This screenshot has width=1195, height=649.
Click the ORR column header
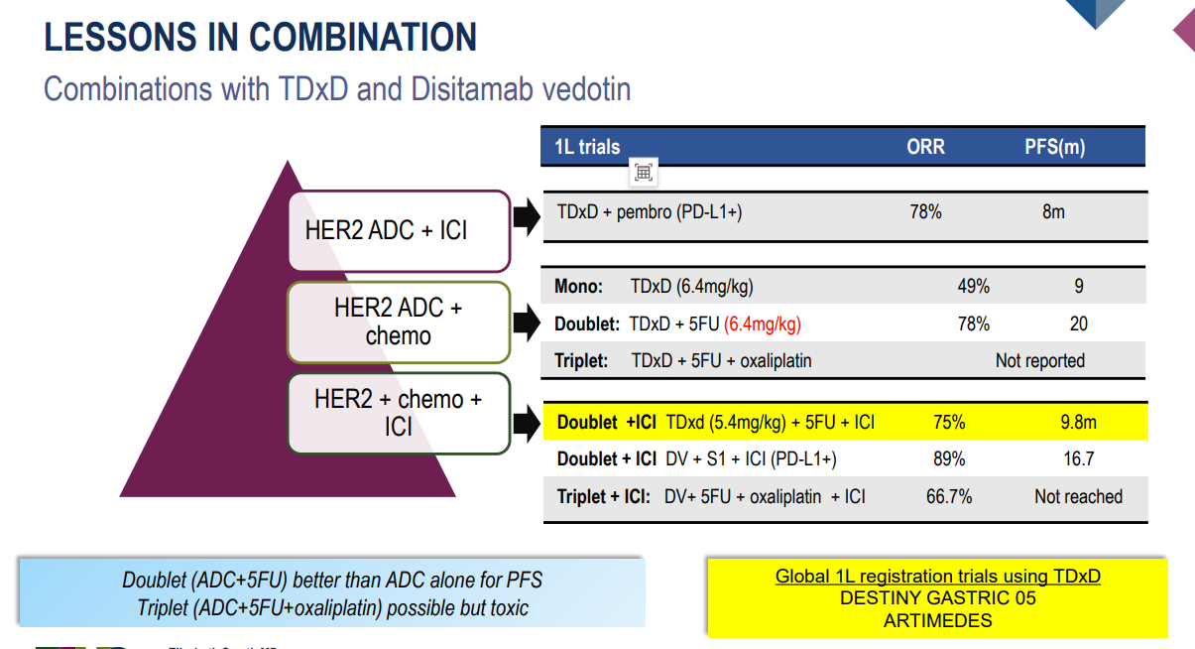click(x=925, y=147)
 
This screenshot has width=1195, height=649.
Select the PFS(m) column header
click(x=1055, y=147)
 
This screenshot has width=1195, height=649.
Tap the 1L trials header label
click(x=587, y=147)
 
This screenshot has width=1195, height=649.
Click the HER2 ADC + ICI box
click(x=400, y=231)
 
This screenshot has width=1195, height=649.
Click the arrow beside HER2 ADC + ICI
click(x=527, y=216)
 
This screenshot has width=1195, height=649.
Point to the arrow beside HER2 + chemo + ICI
click(x=527, y=423)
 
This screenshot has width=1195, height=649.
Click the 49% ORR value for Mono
click(x=973, y=286)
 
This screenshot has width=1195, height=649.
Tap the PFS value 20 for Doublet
click(x=1079, y=324)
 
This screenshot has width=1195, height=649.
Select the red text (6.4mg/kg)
click(x=763, y=324)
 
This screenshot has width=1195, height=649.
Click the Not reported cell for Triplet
click(x=1039, y=361)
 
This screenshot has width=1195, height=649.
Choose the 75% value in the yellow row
click(x=949, y=422)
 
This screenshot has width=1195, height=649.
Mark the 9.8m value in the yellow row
click(x=1078, y=422)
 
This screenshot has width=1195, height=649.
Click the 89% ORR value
click(x=949, y=459)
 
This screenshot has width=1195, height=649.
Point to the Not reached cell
click(x=1078, y=496)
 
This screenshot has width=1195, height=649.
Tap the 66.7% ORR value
click(x=949, y=496)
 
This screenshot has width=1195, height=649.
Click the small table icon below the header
click(x=644, y=173)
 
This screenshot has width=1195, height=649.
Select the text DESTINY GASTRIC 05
click(x=938, y=598)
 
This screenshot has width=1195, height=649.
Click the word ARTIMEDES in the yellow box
click(x=938, y=620)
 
